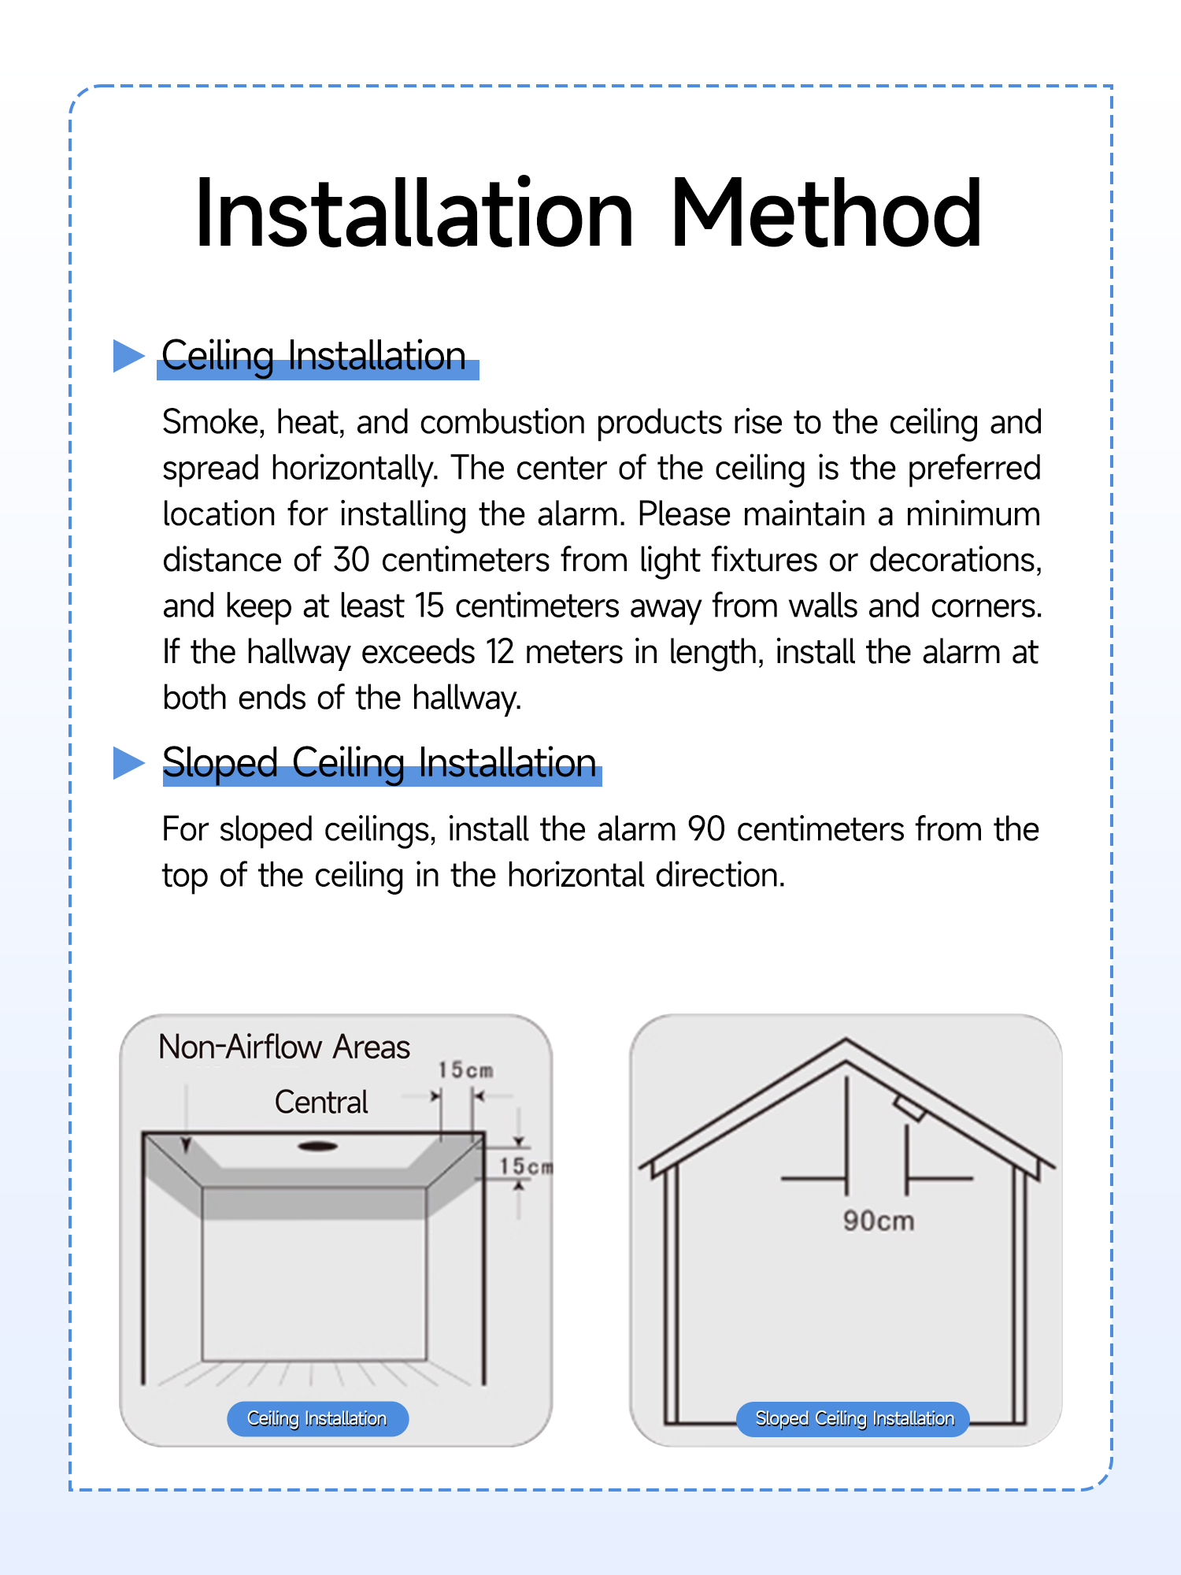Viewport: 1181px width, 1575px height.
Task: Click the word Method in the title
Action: (x=826, y=213)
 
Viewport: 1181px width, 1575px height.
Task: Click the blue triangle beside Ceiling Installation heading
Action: (x=128, y=355)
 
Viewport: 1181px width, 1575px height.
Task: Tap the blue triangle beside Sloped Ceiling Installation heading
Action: (x=128, y=762)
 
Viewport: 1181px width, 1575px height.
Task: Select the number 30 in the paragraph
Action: (x=351, y=560)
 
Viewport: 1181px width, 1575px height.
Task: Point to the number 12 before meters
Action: (x=499, y=652)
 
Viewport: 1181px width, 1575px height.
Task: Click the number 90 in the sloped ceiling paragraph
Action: (x=705, y=829)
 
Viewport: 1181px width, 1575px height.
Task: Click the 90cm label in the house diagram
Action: (x=879, y=1221)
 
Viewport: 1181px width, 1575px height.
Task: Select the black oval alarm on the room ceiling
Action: (x=318, y=1146)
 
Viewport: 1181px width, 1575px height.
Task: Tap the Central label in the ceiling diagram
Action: (x=321, y=1102)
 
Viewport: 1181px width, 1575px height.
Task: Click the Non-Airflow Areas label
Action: (x=284, y=1047)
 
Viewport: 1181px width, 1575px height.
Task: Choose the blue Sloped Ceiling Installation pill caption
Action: (x=853, y=1419)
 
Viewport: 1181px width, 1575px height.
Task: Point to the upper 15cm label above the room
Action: (x=465, y=1070)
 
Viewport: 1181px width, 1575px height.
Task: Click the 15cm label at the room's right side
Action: (x=525, y=1166)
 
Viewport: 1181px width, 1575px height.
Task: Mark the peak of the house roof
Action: (x=846, y=1042)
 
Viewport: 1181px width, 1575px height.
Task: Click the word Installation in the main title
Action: (x=414, y=213)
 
